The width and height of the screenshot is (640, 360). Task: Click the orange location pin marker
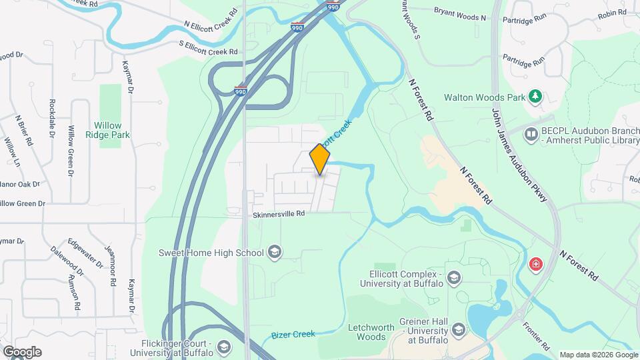pos(320,159)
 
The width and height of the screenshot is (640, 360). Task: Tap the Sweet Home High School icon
pos(275,252)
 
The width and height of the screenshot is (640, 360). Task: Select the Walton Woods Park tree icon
pos(535,97)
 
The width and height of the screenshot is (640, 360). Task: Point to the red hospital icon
pos(535,265)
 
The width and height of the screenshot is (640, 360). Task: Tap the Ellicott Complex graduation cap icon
pos(454,278)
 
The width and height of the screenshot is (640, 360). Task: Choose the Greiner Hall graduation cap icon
pos(458,330)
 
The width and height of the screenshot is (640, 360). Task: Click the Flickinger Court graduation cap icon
pos(225,347)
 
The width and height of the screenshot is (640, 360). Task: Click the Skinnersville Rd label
pos(278,214)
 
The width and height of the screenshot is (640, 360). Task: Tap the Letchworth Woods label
pos(367,332)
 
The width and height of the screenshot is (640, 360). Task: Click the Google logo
pos(21,352)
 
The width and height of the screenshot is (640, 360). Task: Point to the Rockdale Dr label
pos(52,119)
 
